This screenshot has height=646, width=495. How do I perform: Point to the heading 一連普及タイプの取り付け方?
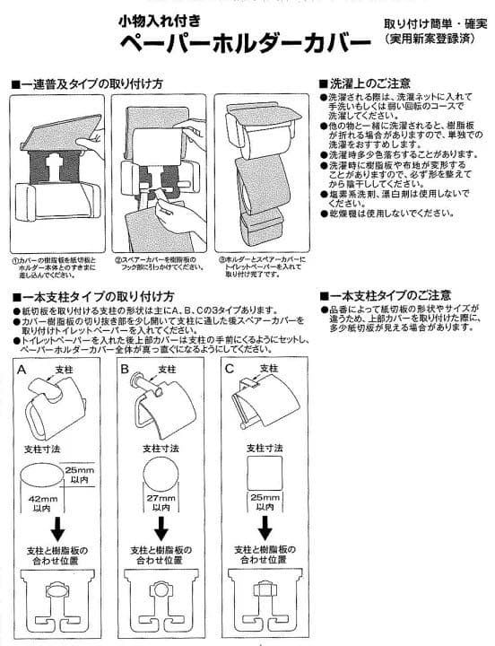pyautogui.click(x=91, y=83)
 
